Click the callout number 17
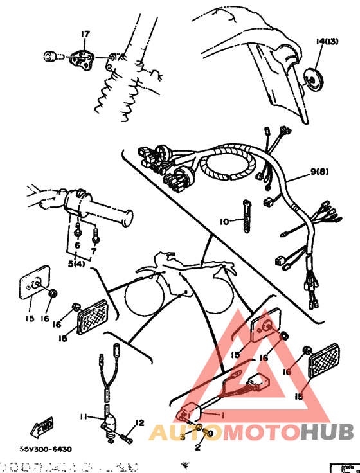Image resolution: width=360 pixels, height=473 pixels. [84, 34]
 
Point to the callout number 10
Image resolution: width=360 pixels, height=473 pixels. [224, 222]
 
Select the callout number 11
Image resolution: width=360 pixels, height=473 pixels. [84, 417]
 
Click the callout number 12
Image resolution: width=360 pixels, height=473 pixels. [139, 422]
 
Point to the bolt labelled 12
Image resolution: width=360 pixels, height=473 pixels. [126, 439]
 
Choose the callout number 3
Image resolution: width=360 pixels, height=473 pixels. [182, 436]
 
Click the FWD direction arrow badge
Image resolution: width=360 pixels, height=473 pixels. [41, 427]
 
